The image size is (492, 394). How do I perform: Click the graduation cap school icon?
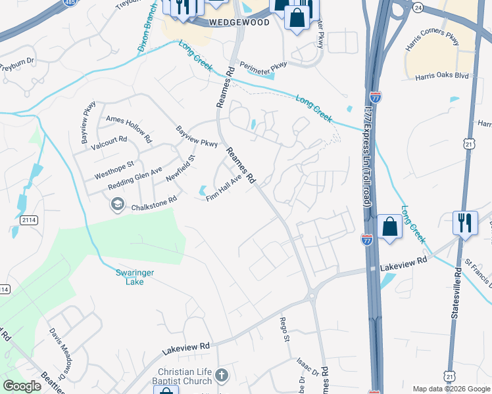[117, 204]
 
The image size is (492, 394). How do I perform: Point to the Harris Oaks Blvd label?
[441, 76]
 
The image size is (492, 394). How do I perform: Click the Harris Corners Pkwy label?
[432, 41]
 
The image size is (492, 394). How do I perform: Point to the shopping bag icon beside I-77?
[389, 227]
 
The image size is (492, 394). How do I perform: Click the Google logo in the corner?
[22, 386]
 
